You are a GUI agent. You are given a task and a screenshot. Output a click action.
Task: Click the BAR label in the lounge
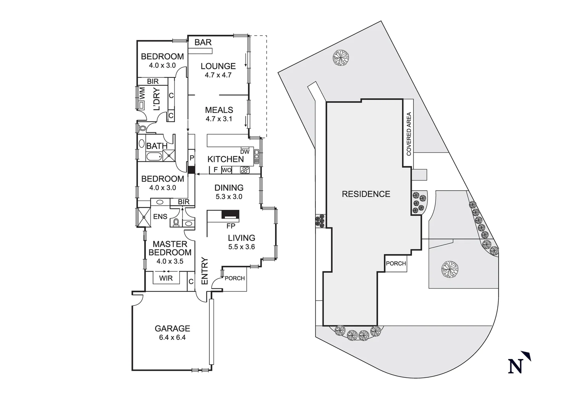pos(203,42)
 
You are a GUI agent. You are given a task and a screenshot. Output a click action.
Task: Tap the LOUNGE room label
pos(218,66)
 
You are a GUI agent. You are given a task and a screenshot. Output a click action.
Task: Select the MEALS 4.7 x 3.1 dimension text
pos(219,119)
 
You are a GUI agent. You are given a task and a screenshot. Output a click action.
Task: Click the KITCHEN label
pos(225,159)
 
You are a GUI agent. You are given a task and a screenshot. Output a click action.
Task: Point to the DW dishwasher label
pos(244,151)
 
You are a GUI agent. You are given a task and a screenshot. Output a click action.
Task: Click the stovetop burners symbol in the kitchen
pos(244,170)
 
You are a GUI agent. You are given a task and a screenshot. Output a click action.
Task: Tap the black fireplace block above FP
pos(230,216)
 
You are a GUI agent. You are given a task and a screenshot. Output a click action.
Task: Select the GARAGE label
pos(172,328)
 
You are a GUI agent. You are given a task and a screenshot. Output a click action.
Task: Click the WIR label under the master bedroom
pos(166,278)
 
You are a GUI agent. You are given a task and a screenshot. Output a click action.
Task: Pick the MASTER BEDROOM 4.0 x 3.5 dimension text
pos(170,261)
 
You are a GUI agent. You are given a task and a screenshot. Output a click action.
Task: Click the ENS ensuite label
pos(160,217)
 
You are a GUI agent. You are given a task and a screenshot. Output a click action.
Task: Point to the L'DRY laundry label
pos(156,99)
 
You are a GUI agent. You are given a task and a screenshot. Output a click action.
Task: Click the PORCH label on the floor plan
pos(235,278)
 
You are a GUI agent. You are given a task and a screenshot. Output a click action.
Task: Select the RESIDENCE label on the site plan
pos(366,194)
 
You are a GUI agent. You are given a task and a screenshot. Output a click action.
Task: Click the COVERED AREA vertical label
pos(409,134)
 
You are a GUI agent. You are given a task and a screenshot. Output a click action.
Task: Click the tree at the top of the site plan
pos(340,58)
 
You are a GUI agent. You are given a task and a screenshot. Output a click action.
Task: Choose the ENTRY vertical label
pos(204,271)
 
